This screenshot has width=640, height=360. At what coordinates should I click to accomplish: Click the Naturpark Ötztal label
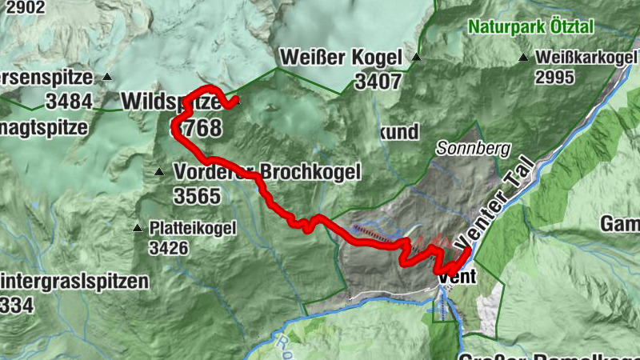point(531,26)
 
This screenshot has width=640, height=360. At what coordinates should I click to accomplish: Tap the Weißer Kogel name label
point(340,58)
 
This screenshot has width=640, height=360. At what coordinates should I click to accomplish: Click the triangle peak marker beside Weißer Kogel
point(416,58)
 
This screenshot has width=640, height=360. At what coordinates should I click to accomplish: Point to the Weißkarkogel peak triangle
point(523,58)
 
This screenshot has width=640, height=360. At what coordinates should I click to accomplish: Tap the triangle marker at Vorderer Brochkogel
point(159,172)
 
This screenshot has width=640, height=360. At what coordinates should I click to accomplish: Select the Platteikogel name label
point(193,229)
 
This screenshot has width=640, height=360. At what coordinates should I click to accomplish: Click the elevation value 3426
point(168,248)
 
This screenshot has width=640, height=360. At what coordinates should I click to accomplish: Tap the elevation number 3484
point(69,102)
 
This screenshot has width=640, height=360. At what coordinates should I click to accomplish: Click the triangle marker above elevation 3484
point(106,78)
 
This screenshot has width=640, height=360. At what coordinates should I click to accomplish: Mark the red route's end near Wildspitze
point(236,102)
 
